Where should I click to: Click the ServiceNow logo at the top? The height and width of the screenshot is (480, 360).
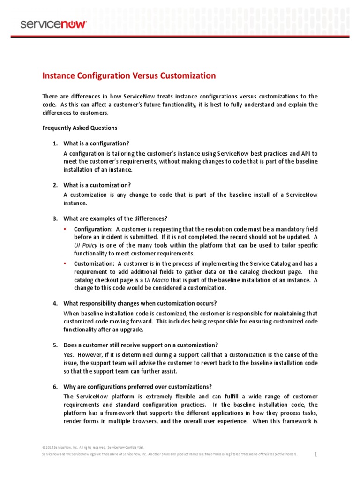point(53,24)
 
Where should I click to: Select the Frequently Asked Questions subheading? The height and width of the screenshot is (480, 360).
point(80,127)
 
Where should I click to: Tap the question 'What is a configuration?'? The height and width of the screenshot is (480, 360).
point(96,143)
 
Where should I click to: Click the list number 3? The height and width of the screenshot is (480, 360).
point(55,218)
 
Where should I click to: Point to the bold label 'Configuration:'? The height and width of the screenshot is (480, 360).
point(93,229)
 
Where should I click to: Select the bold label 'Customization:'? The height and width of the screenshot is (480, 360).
point(94,263)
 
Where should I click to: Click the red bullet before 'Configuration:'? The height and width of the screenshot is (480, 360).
point(65,229)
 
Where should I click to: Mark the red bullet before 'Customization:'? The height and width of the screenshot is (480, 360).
point(65,263)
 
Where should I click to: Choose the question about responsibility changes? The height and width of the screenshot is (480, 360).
point(140,303)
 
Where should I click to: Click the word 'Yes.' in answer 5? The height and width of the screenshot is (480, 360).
point(69,355)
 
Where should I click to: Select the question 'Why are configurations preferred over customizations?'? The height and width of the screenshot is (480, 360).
point(137,387)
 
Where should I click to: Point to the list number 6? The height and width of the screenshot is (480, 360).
point(55,387)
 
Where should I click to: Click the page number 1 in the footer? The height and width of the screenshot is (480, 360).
point(316,454)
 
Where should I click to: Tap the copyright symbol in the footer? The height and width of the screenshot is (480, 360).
point(44,448)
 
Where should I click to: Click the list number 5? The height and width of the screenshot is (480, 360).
point(55,345)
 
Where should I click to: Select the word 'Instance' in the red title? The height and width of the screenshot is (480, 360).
point(58,75)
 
